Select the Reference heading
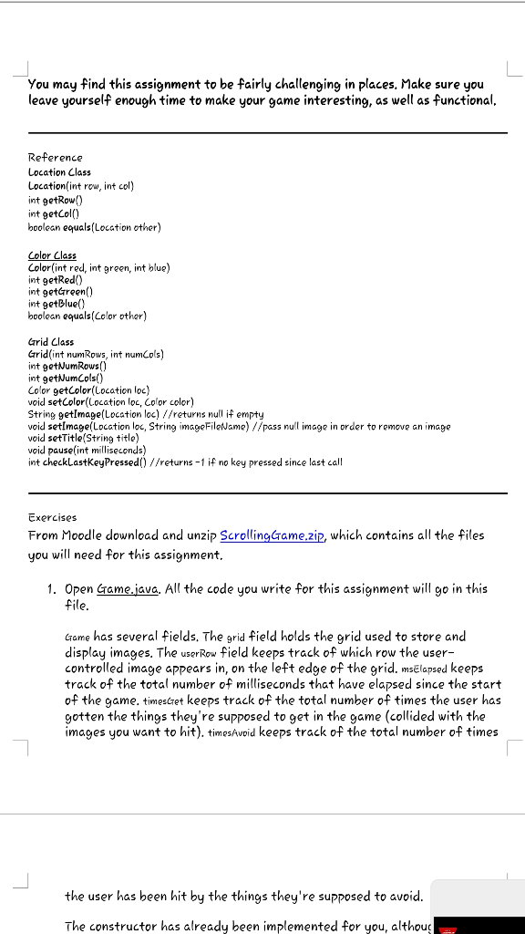coord(55,158)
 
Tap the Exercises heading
coord(53,517)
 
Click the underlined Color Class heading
coord(53,255)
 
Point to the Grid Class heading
coord(51,342)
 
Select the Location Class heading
coord(59,171)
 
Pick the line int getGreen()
coord(61,292)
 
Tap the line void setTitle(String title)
coord(86,438)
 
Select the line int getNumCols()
coord(66,378)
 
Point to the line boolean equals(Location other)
coord(94,226)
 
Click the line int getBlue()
coord(57,304)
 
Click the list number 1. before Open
coord(53,589)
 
